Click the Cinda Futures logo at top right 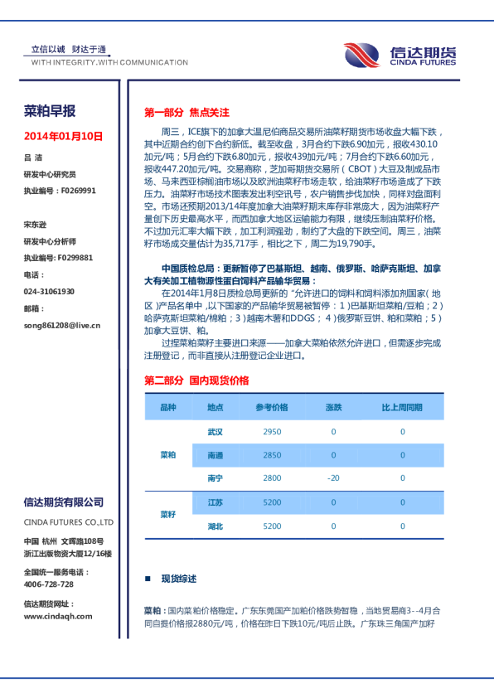point(401,56)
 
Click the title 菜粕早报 point(50,111)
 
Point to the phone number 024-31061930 point(49,292)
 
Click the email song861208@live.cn point(61,326)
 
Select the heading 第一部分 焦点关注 point(186,112)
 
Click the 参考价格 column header point(272,408)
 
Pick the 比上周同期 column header point(402,408)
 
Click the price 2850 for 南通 point(272,455)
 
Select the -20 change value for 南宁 point(333,478)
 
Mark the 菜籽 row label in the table point(168,514)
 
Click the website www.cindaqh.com point(58,616)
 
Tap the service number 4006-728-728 point(48,584)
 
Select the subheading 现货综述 point(178,579)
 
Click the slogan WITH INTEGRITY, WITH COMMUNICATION point(109,62)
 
